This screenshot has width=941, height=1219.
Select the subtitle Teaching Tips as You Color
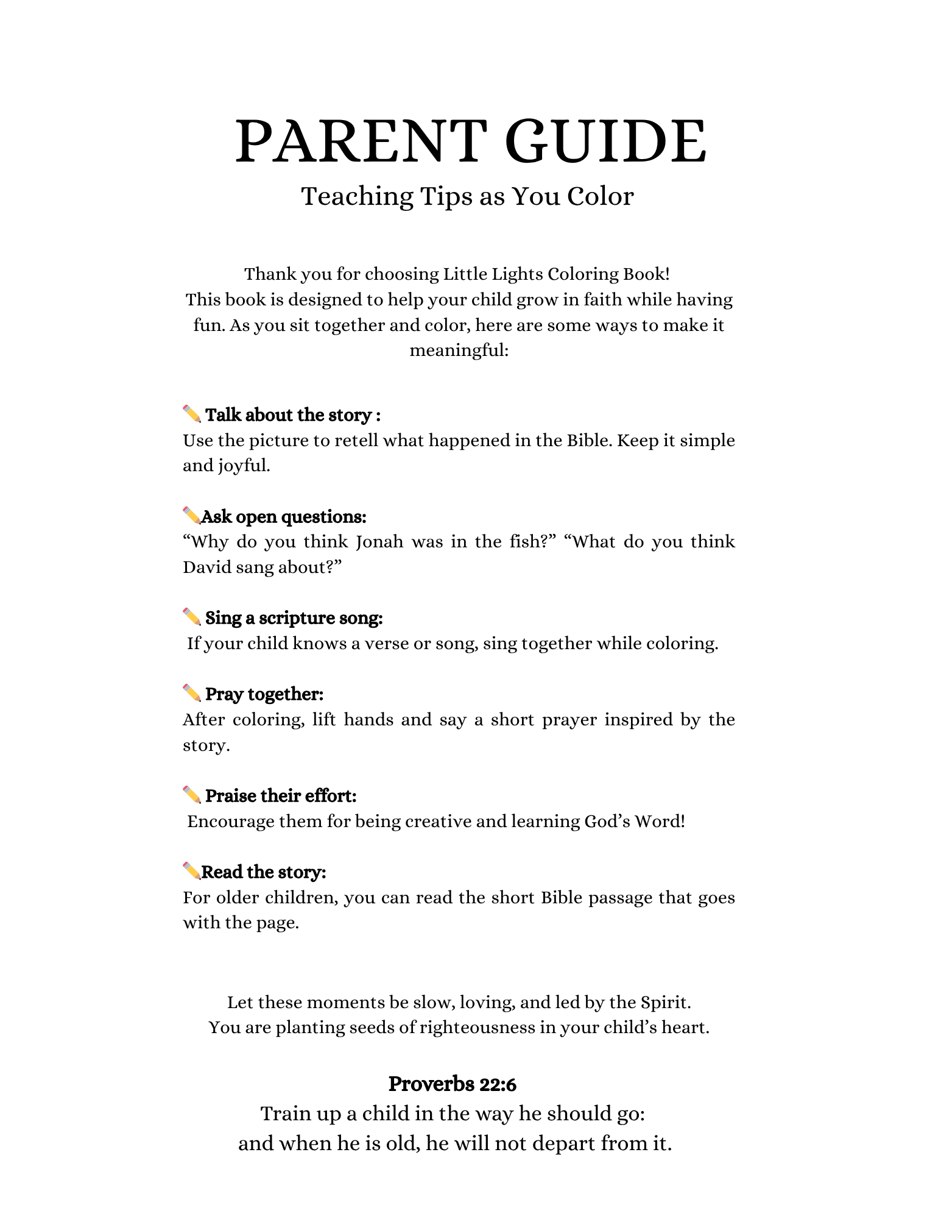[x=468, y=196]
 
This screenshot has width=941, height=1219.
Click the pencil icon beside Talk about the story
[x=191, y=414]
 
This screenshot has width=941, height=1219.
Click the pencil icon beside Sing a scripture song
[x=191, y=617]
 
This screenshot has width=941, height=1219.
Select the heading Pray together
[x=264, y=694]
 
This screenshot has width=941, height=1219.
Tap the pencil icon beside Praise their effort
[x=191, y=795]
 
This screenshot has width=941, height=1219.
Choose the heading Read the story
[x=264, y=872]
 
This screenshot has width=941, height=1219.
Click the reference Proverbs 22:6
[x=453, y=1084]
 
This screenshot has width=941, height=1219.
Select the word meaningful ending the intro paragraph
[x=459, y=350]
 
